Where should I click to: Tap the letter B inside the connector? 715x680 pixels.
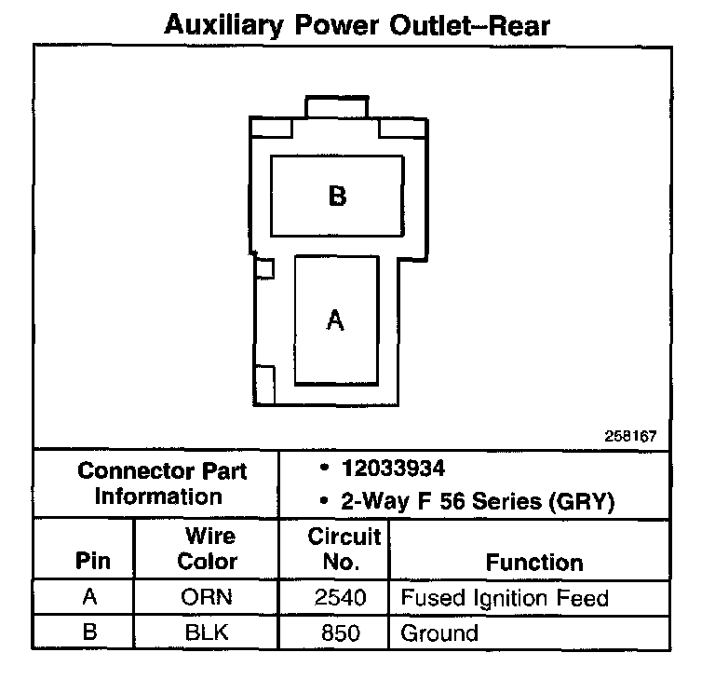[337, 197]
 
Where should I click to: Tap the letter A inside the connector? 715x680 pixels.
[336, 320]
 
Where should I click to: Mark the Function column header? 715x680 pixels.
[534, 562]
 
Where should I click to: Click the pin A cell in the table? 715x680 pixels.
[90, 597]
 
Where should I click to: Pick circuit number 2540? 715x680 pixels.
[341, 597]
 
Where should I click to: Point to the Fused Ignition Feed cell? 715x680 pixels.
[504, 597]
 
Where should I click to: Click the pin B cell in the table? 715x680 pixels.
[90, 632]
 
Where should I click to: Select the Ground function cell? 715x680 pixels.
[438, 632]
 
